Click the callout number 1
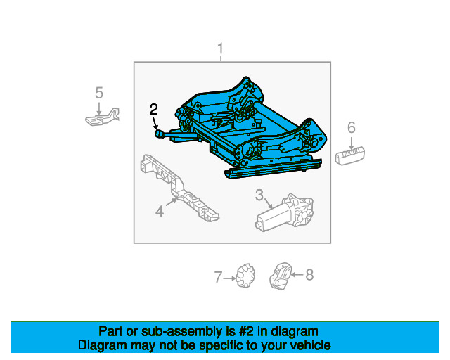[x=220, y=49]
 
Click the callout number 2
[x=154, y=109]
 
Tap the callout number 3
[x=259, y=195]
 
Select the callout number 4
[x=160, y=210]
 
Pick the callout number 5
[x=99, y=92]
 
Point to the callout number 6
[x=351, y=127]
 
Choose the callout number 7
[x=218, y=277]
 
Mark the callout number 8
[x=309, y=275]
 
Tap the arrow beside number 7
[x=229, y=278]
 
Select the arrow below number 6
[x=351, y=141]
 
